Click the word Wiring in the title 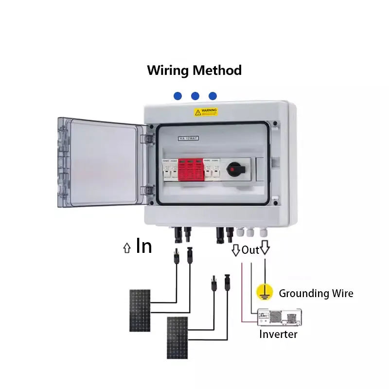coord(168,71)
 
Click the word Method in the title coord(217,71)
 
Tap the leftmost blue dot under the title coord(178,96)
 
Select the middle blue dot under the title coord(195,96)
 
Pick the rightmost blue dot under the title coord(212,96)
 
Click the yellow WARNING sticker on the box coord(206,112)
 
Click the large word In coord(144,246)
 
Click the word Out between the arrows coord(250,250)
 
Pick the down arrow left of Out coord(236,250)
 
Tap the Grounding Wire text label coord(316,293)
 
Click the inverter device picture coord(279,318)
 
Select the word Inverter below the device coord(278,334)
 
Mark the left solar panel coord(140,311)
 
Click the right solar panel coord(177,338)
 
